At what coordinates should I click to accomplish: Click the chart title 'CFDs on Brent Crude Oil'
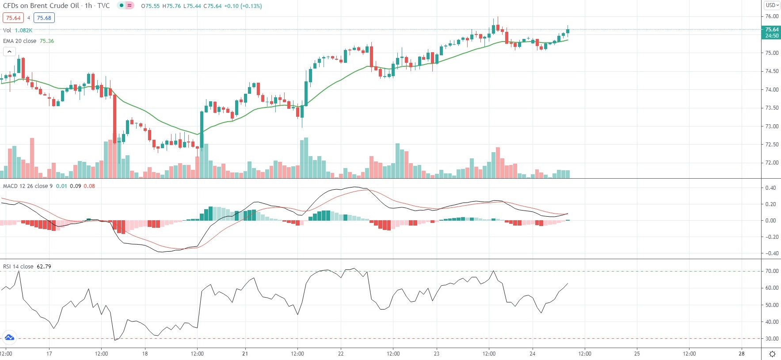41,6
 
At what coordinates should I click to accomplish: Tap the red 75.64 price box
13,18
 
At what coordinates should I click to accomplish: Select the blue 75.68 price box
44,18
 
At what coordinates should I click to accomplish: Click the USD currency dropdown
772,5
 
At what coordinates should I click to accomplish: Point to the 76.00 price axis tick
772,16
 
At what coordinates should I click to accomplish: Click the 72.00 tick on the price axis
772,163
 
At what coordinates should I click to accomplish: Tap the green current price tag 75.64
772,30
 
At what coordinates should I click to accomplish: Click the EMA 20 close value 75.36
47,41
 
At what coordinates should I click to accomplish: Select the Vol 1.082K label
18,31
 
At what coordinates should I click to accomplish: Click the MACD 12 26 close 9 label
27,186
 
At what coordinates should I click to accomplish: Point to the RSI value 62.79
44,267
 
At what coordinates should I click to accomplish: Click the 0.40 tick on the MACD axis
770,188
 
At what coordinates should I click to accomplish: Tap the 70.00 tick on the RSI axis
772,271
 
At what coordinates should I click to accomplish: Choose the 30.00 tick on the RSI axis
772,339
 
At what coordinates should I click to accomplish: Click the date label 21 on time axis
245,354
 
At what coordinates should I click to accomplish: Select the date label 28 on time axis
742,354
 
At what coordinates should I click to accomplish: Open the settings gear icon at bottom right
772,354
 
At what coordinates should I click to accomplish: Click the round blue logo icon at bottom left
9,338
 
